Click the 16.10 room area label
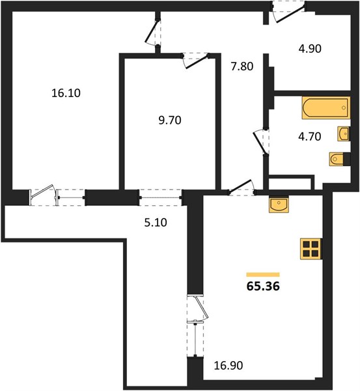pyautogui.click(x=66, y=93)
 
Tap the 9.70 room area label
pyautogui.click(x=170, y=120)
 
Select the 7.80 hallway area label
pyautogui.click(x=242, y=66)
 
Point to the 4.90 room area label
pyautogui.click(x=310, y=48)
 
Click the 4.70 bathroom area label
pyautogui.click(x=310, y=136)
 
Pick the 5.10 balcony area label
pyautogui.click(x=156, y=222)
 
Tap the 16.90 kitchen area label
pyautogui.click(x=228, y=366)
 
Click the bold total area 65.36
pyautogui.click(x=263, y=286)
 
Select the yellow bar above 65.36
pyautogui.click(x=263, y=274)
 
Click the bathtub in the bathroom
pyautogui.click(x=326, y=108)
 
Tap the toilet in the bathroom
pyautogui.click(x=338, y=158)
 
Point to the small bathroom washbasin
pyautogui.click(x=343, y=134)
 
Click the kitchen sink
pyautogui.click(x=279, y=204)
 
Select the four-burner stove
pyautogui.click(x=311, y=249)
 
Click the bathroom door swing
pyautogui.click(x=261, y=141)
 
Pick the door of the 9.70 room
pyautogui.click(x=196, y=61)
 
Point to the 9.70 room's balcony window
pyautogui.click(x=161, y=197)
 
